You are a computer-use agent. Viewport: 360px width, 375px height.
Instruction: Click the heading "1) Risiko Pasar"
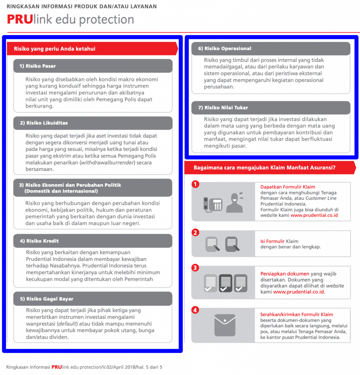[x=41, y=66]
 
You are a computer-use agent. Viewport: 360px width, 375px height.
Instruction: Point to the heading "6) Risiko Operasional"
[x=225, y=49]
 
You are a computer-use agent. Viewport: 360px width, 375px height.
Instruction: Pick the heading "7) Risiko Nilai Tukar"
[x=223, y=108]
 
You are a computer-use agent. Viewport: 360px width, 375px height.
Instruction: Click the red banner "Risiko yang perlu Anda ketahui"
[x=55, y=49]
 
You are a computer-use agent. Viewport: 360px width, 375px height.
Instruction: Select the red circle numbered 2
[x=195, y=233]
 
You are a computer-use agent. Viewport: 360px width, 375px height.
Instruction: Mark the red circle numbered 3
[x=195, y=268]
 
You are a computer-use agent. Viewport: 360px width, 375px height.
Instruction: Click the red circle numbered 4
[x=195, y=310]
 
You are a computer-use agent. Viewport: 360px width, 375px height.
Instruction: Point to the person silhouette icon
[x=235, y=203]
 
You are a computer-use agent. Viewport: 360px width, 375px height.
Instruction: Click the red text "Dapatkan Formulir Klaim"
[x=288, y=187]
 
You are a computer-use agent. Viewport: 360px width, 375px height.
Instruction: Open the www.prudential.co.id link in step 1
[x=314, y=215]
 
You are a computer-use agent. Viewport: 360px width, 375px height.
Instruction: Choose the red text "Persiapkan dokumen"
[x=285, y=274]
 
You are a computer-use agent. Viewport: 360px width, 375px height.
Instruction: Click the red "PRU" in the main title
[x=20, y=19]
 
